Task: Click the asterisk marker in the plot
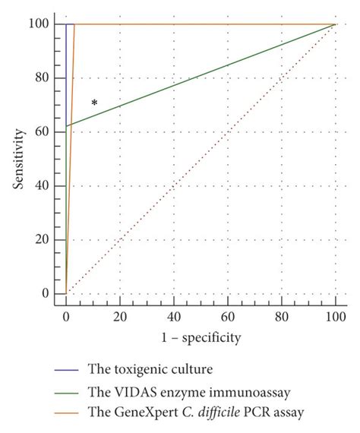[x=94, y=103]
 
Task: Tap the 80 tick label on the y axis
[x=47, y=78]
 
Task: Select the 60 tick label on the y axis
[x=47, y=132]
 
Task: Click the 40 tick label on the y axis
[x=47, y=186]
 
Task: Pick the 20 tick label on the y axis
[x=47, y=240]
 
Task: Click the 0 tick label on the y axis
[x=50, y=294]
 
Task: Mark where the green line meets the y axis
[x=66, y=126]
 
